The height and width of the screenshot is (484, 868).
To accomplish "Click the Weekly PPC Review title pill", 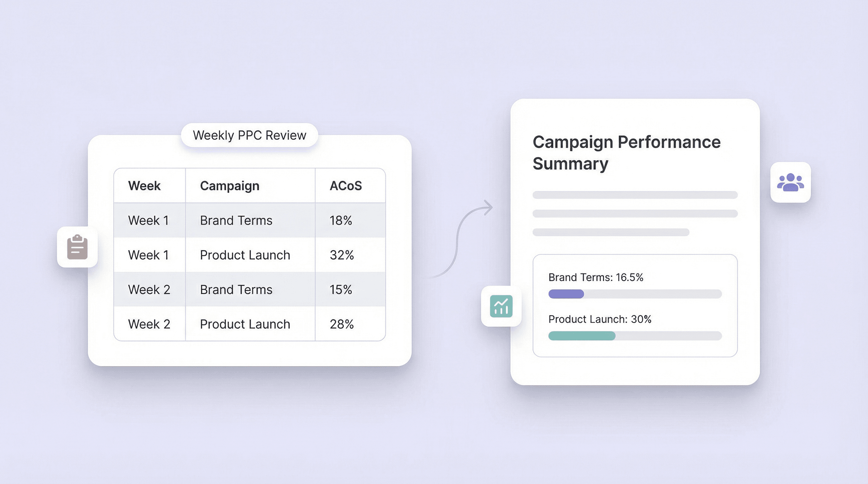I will (249, 135).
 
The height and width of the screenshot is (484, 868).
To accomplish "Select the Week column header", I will (144, 186).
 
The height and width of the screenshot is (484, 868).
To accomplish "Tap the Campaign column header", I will (230, 186).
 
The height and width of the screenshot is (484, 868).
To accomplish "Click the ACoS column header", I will (345, 186).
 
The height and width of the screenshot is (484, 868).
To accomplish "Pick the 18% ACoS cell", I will (341, 221).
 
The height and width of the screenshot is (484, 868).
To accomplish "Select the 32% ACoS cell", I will (341, 255).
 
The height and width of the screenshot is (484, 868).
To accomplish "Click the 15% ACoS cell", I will (341, 290).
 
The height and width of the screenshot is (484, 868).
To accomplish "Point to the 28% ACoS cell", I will (341, 324).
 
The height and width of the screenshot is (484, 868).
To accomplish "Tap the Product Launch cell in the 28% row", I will (245, 324).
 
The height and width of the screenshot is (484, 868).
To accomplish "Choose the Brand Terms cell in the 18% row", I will (236, 221).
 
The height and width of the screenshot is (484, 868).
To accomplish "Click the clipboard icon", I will (77, 247).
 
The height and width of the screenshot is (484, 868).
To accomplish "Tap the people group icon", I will (790, 182).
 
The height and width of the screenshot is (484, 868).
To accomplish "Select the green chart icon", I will (501, 306).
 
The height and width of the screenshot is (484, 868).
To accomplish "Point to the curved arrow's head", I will (489, 207).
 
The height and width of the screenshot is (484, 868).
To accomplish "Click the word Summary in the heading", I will (570, 164).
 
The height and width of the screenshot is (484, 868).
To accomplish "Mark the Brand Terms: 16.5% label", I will (595, 277).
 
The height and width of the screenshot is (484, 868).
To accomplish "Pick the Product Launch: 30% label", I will (600, 319).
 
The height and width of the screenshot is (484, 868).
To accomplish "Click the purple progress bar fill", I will (566, 294).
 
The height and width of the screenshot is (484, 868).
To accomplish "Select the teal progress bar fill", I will (582, 336).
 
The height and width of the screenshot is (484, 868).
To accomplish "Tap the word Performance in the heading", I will (669, 142).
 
